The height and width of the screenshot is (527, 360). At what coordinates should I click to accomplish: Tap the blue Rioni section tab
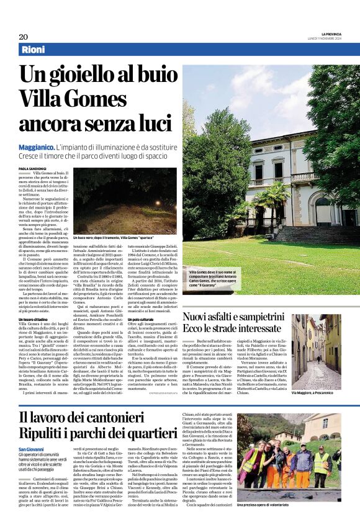click(34, 50)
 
